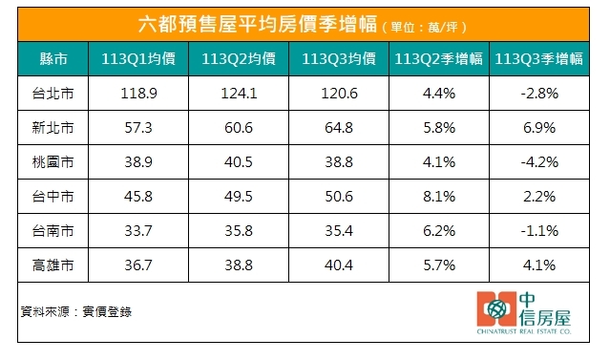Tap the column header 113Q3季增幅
point(539,59)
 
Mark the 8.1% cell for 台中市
point(439,195)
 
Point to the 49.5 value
point(238,195)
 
